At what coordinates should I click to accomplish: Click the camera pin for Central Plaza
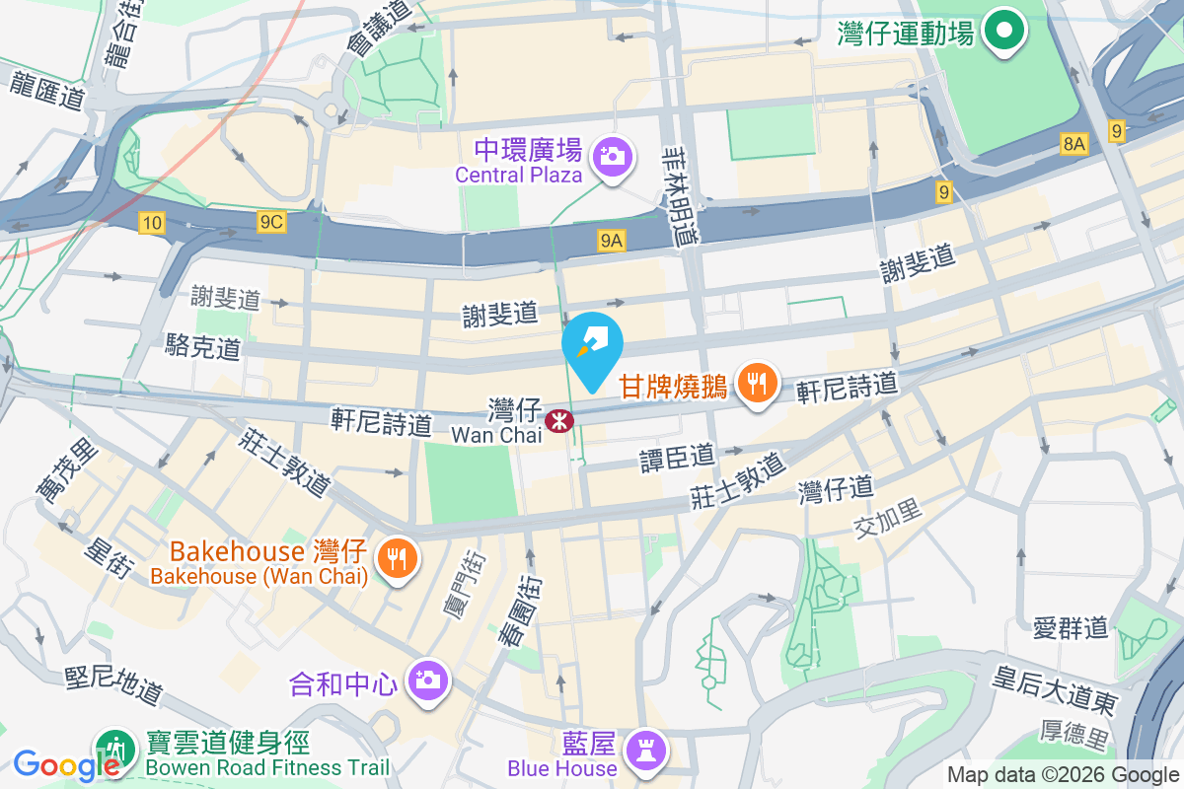tap(613, 156)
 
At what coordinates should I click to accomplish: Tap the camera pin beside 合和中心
tap(427, 680)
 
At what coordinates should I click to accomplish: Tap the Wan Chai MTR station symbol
tap(559, 422)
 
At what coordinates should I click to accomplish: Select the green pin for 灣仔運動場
tap(1003, 32)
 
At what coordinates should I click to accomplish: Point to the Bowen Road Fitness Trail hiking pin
tap(116, 751)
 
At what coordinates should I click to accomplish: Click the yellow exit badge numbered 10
tap(151, 224)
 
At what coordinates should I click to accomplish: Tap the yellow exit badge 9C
tap(271, 224)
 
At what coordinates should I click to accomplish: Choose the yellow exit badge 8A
tap(1074, 145)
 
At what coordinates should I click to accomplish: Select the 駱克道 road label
tap(203, 345)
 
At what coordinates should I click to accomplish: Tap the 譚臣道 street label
tap(678, 457)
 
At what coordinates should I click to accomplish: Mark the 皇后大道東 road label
tap(1055, 689)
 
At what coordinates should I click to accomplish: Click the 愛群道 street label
tap(1072, 627)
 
